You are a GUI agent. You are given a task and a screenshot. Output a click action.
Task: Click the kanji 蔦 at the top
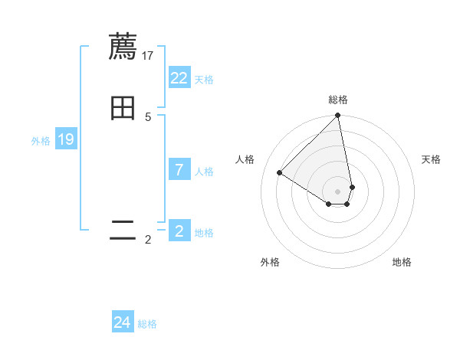[x=123, y=47]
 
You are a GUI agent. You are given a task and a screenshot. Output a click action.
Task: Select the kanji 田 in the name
[x=123, y=108]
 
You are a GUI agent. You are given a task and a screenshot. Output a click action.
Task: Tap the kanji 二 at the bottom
[x=123, y=231]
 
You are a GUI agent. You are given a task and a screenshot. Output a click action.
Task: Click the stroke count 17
[x=148, y=55]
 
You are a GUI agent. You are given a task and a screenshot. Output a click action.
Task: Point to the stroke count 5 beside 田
[x=148, y=116]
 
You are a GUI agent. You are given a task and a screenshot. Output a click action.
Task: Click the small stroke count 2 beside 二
[x=148, y=240]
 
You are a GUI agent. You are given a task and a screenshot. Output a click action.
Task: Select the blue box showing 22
[x=179, y=78]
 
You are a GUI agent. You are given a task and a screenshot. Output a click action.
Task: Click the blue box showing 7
[x=179, y=170]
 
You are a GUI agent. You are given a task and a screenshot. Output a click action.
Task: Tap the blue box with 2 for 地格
[x=179, y=231]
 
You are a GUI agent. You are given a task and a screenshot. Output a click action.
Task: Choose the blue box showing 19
[x=66, y=139]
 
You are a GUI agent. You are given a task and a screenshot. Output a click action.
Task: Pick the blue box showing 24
[x=123, y=322]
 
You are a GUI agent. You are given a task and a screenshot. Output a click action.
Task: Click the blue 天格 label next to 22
[x=204, y=80]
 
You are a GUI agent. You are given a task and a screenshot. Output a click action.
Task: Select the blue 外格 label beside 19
[x=41, y=141]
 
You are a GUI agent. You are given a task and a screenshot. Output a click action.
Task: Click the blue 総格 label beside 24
[x=147, y=324]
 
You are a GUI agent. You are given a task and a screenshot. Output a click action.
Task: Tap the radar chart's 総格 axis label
[x=338, y=100]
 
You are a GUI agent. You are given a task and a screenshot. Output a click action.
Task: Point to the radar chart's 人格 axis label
[x=245, y=159]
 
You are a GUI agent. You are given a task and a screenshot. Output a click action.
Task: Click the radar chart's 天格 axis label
[x=431, y=159]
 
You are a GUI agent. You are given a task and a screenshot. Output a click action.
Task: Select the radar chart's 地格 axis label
[x=402, y=262]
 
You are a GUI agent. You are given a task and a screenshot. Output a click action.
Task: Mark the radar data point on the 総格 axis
[x=338, y=116]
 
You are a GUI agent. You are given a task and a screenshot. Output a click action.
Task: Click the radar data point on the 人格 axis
[x=279, y=172]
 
